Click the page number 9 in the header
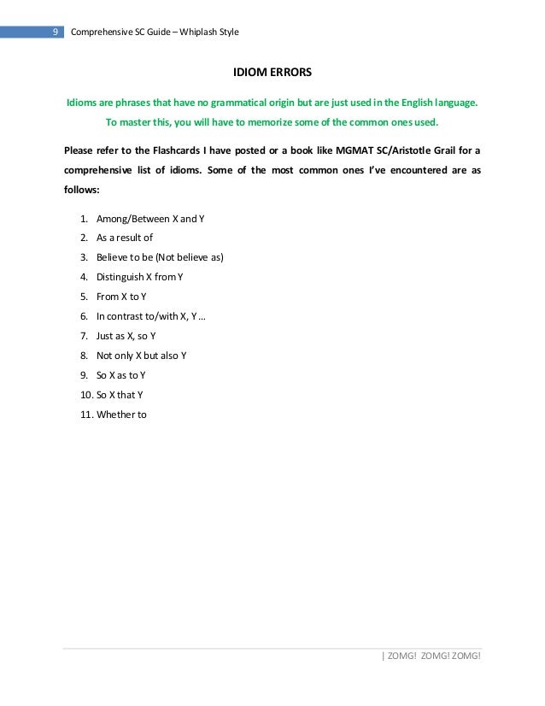coord(55,32)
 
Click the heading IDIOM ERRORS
coord(272,74)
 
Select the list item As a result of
coord(125,238)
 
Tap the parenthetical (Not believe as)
coord(188,257)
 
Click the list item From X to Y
coord(121,297)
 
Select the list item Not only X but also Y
coord(141,356)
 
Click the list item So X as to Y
coord(120,375)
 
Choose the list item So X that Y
coord(120,395)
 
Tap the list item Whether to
coord(121,415)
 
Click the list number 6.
coord(85,316)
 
